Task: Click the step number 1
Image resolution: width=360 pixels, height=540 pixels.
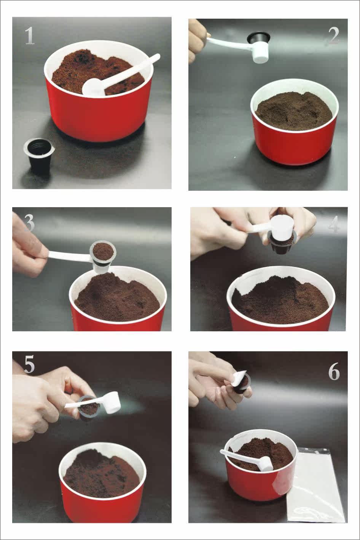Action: point(30,36)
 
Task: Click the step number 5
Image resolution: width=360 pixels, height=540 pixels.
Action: point(29,364)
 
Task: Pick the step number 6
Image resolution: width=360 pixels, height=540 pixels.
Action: point(334,371)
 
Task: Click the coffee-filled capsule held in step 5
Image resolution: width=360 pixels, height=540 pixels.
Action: point(89,408)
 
